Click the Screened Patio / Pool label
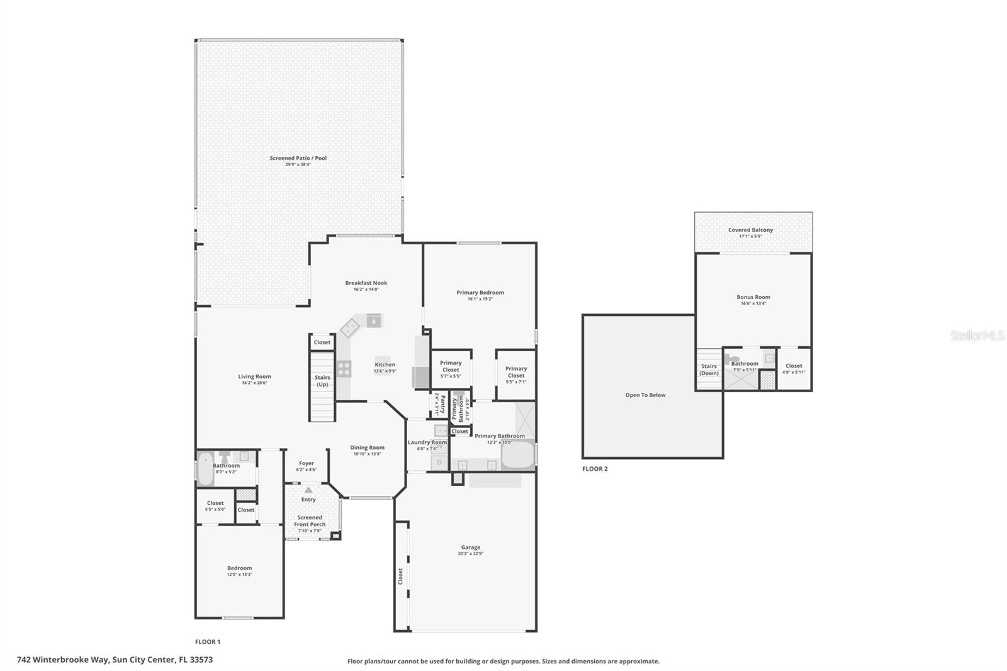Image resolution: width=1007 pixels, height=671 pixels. [298, 158]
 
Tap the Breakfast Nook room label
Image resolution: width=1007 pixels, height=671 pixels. [366, 283]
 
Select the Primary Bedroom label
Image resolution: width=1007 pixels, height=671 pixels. [480, 293]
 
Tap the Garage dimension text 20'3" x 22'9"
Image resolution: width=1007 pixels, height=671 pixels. [470, 555]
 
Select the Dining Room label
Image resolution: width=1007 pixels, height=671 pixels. [367, 448]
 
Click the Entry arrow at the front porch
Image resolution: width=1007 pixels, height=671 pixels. [308, 490]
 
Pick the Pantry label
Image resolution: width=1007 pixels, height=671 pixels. [442, 403]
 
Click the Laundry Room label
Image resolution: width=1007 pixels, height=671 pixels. [427, 443]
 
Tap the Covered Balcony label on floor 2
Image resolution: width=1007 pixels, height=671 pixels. [750, 230]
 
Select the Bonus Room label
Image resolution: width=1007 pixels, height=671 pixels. [753, 297]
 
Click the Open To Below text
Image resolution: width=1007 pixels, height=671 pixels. [645, 395]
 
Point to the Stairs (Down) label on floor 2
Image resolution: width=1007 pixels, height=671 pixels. [709, 369]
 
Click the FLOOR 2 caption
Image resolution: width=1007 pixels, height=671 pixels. [595, 469]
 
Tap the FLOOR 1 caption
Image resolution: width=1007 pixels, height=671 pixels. [208, 642]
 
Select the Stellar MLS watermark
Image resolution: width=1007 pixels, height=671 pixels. [977, 336]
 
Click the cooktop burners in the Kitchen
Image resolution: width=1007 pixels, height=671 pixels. [344, 369]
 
